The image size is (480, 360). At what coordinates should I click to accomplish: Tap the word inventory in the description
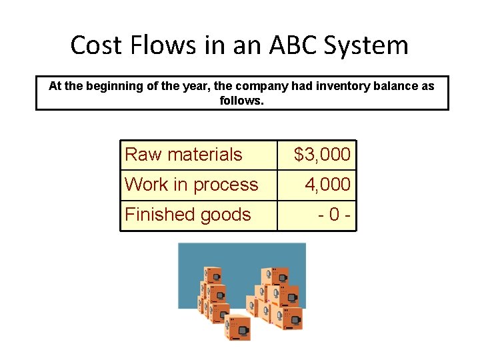329,86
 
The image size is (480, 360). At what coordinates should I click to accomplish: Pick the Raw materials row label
183,155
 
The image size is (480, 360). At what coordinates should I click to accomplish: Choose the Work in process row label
191,185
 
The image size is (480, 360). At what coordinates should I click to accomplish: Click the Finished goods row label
188,215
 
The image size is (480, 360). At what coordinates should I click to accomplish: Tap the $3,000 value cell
322,155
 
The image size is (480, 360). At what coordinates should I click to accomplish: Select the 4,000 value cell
327,185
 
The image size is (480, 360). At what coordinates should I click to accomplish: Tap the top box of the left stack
213,275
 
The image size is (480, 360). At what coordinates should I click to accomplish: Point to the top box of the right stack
274,275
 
